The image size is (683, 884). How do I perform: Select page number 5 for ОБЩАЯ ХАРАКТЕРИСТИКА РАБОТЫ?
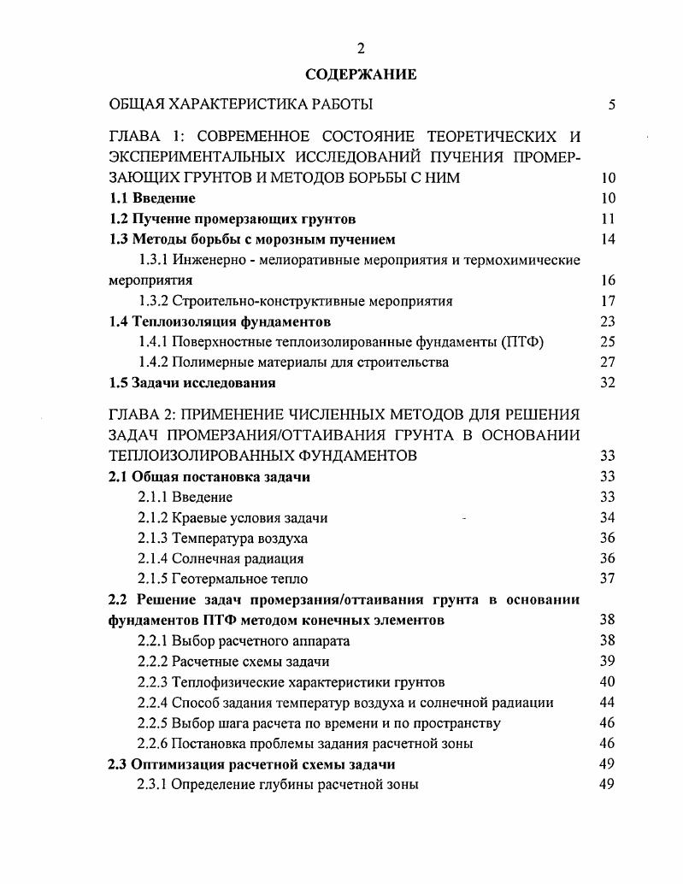tap(611, 105)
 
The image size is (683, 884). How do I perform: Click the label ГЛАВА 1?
tap(145, 137)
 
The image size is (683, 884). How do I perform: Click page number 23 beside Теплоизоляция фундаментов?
tap(609, 321)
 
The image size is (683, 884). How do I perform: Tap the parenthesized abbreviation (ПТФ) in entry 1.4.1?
tap(524, 342)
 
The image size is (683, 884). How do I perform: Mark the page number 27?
tap(609, 362)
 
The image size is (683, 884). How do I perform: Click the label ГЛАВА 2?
tap(145, 415)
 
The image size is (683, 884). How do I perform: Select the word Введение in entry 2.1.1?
tap(203, 497)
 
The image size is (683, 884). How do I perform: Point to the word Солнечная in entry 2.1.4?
tap(206, 558)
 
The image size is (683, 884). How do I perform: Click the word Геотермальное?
tap(219, 579)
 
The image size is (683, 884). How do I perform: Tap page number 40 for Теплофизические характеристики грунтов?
tap(609, 681)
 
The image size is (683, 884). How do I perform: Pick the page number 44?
tap(609, 702)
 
